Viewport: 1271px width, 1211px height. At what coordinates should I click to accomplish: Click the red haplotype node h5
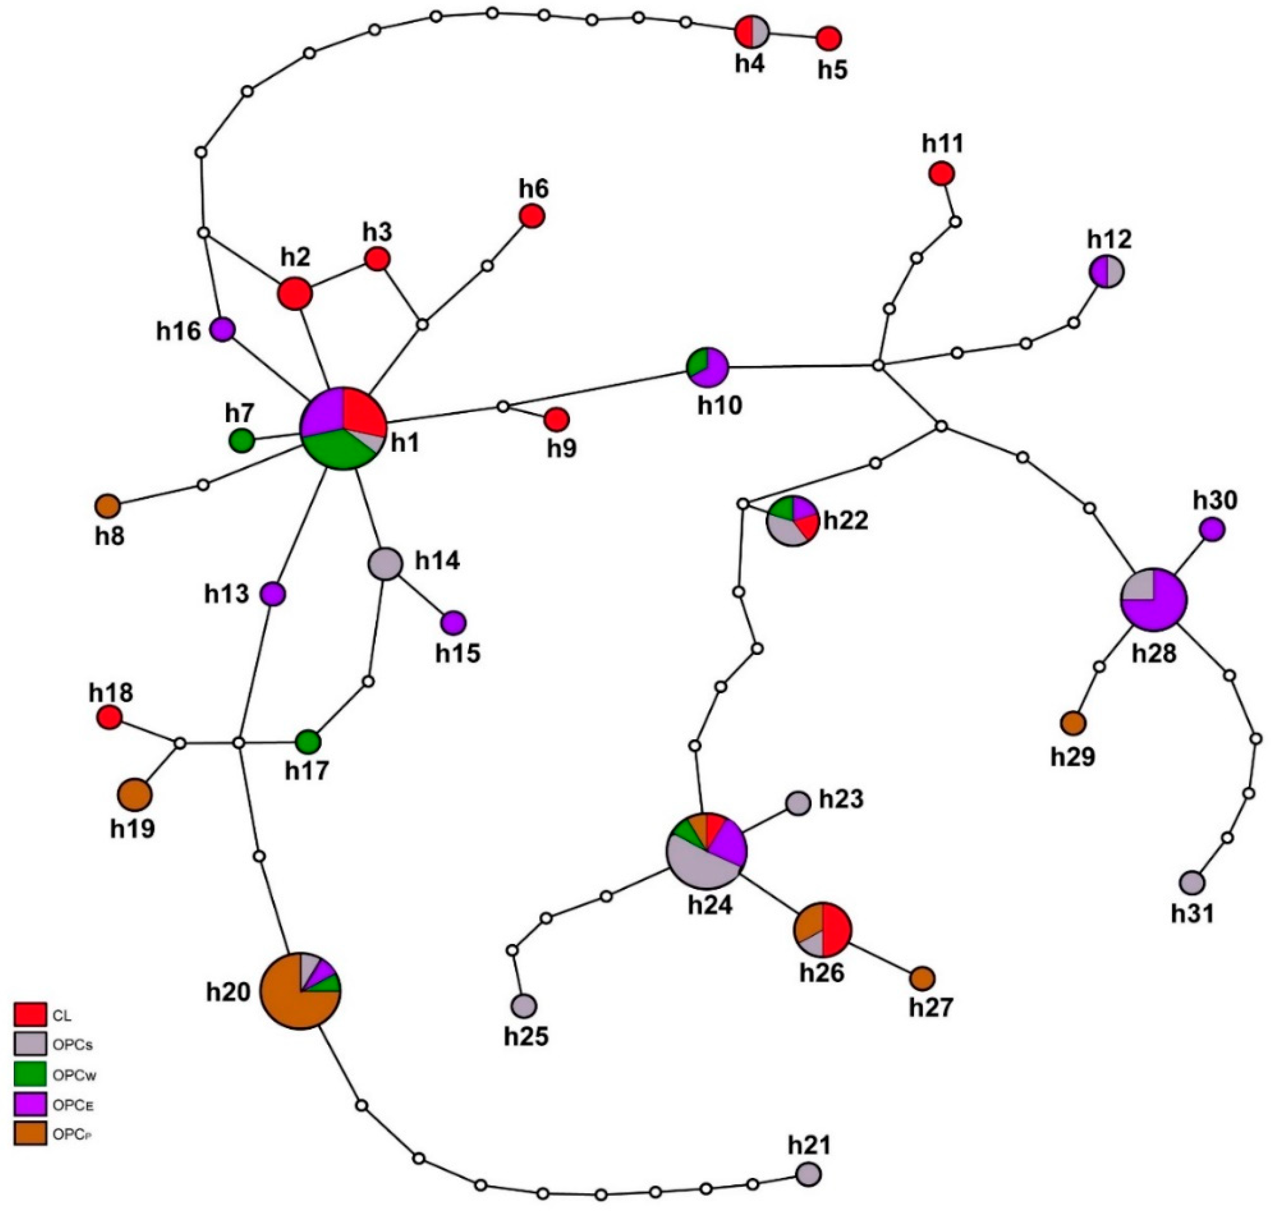[x=828, y=39]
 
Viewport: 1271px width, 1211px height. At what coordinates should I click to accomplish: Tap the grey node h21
[x=807, y=1174]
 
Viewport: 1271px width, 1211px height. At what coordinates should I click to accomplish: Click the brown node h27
[x=922, y=979]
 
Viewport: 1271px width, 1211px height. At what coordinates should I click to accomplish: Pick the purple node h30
[x=1212, y=529]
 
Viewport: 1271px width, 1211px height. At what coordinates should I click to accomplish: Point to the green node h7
[x=241, y=441]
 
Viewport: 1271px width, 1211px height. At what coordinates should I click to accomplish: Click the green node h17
[x=309, y=742]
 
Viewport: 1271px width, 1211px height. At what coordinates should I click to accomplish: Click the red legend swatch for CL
[x=30, y=1015]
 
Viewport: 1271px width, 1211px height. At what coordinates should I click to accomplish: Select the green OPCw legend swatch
[x=30, y=1073]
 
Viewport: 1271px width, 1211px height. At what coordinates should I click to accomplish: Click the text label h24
[x=710, y=905]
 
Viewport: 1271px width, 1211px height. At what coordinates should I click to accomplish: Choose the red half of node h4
[x=744, y=30]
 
